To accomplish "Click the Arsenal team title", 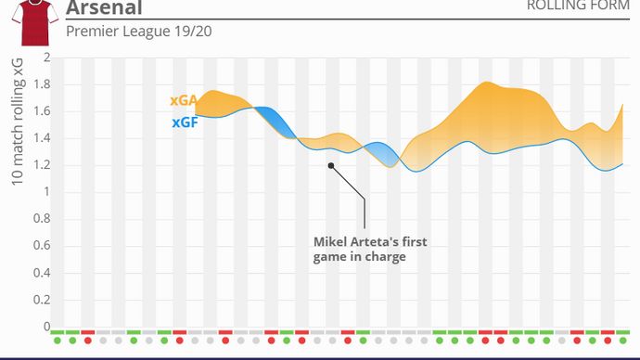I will (x=104, y=8).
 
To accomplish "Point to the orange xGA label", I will (x=183, y=101).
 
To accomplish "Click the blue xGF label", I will (x=184, y=122).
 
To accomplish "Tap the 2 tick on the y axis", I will (x=46, y=58).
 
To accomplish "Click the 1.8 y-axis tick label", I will (x=42, y=84).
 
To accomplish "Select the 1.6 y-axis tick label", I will (x=42, y=111).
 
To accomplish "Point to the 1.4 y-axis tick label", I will (x=42, y=138).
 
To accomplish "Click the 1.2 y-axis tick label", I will (x=42, y=165).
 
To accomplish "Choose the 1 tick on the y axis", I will (x=46, y=192).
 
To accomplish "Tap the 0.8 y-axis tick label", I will (x=42, y=219).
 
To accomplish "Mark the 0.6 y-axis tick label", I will (x=42, y=246).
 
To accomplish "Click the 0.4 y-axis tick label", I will (x=42, y=273).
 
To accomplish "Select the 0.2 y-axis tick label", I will (x=42, y=300).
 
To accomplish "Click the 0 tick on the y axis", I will (x=46, y=327).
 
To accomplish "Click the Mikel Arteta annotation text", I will (x=369, y=249).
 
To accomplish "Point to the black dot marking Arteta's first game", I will (x=330, y=166).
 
